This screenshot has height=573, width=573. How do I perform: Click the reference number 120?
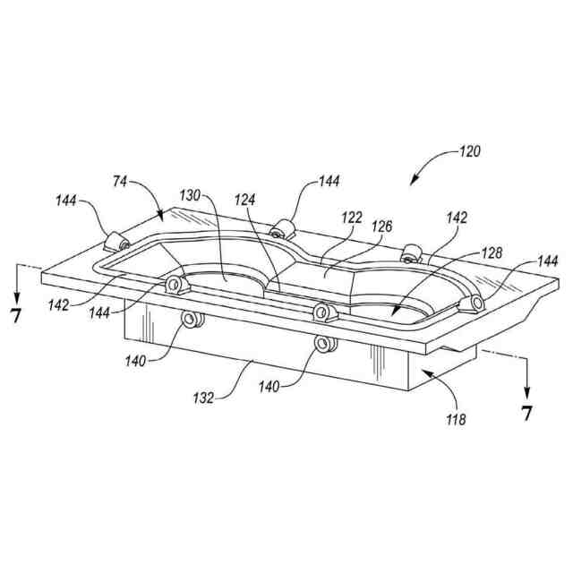[x=467, y=151]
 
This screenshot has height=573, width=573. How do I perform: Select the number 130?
[x=191, y=195]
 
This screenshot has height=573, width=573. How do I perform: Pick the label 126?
[x=382, y=227]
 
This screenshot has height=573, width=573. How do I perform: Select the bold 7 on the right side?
[x=526, y=413]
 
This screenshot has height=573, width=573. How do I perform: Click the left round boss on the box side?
[x=189, y=320]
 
